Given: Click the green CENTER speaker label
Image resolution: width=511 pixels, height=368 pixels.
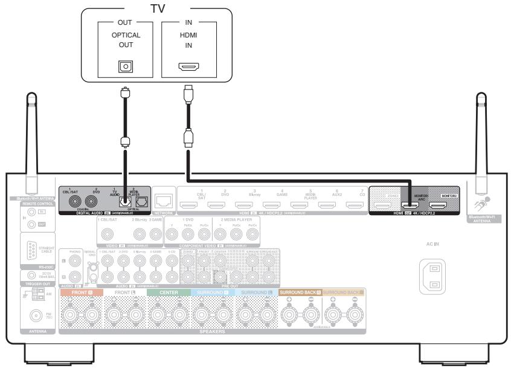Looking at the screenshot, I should (x=167, y=292).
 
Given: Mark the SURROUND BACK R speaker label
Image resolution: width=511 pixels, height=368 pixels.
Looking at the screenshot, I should (x=300, y=292).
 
